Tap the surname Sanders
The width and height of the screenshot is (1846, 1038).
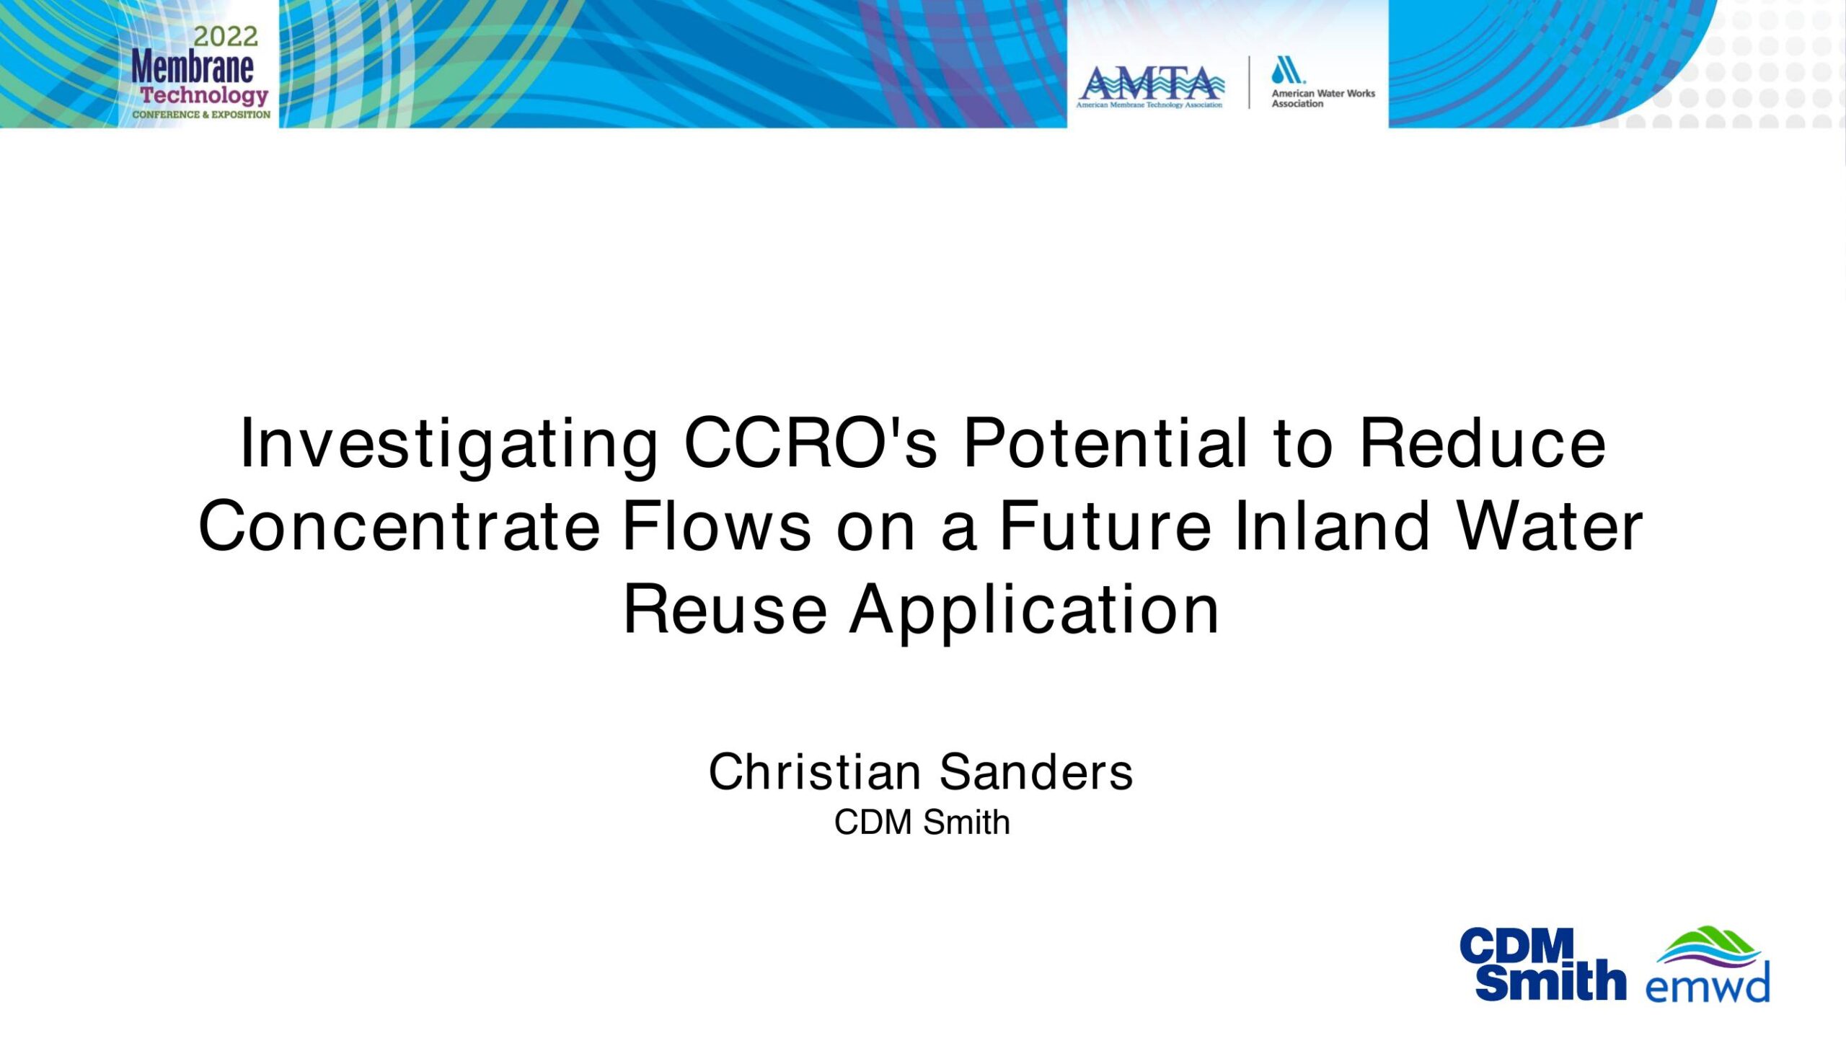pos(1036,772)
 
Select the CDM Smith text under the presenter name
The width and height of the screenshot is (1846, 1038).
pos(922,822)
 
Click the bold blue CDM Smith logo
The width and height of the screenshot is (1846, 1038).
pos(1542,964)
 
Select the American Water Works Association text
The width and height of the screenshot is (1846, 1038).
pos(1323,99)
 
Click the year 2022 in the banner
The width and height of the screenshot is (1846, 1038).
pos(225,36)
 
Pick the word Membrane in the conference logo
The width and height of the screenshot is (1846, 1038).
pos(193,68)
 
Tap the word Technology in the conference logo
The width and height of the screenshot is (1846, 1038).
pos(204,96)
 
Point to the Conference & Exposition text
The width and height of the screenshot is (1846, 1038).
pos(201,115)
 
